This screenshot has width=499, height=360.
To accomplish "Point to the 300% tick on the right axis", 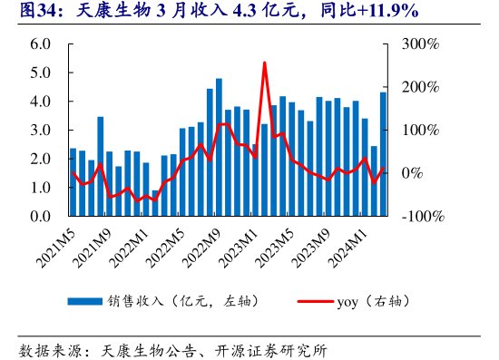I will tap(422, 44).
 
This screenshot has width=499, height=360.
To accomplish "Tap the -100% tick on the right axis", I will tap(422, 218).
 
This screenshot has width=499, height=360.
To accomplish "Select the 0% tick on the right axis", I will tap(415, 173).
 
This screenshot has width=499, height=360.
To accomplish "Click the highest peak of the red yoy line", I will tap(264, 63).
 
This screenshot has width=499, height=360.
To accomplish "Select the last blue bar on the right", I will tap(383, 154).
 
